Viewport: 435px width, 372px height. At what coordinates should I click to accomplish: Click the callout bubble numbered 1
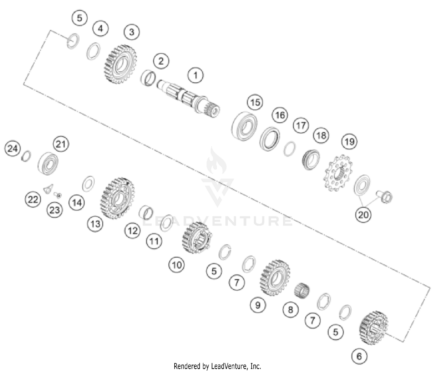195,75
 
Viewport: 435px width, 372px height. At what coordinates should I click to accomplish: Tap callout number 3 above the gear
132,32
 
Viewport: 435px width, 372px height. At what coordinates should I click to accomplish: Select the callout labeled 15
255,102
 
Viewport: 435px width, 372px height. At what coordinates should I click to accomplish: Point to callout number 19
349,141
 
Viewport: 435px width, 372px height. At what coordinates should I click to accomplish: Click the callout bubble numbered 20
363,215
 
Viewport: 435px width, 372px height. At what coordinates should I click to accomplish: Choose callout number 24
12,149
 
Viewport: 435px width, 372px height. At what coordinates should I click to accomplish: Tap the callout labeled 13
95,224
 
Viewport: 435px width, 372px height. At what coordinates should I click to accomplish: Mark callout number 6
359,356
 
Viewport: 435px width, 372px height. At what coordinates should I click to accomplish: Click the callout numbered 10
177,264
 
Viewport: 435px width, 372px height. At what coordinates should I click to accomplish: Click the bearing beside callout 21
48,163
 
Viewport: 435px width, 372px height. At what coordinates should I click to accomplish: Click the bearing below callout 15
245,126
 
